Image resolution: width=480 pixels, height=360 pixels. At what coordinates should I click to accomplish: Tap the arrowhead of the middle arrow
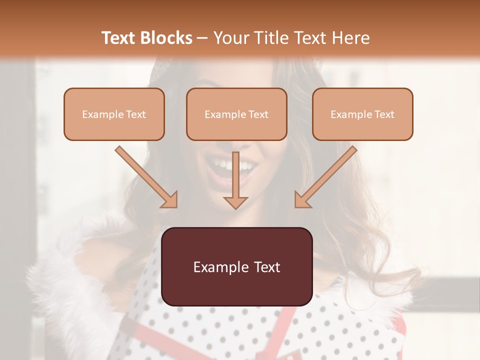pyautogui.click(x=235, y=202)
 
